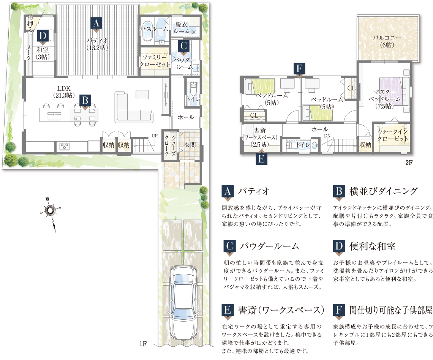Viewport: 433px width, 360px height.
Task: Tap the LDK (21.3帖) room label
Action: pyautogui.click(x=64, y=92)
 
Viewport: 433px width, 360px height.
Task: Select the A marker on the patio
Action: pyautogui.click(x=96, y=24)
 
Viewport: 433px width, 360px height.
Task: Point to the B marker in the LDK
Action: pyautogui.click(x=85, y=101)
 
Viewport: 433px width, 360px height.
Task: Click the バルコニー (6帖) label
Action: pyautogui.click(x=387, y=41)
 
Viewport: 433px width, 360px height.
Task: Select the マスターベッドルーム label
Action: pyautogui.click(x=384, y=99)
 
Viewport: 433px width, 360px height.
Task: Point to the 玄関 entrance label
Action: pyautogui.click(x=190, y=145)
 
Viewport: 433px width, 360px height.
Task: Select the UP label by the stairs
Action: pyautogui.click(x=154, y=136)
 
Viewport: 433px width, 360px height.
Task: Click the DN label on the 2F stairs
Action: pyautogui.click(x=327, y=136)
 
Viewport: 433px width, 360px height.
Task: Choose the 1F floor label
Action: pyautogui.click(x=143, y=344)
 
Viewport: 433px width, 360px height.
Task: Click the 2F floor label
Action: pyautogui.click(x=409, y=163)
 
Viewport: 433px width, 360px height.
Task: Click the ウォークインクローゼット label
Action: pyautogui.click(x=392, y=135)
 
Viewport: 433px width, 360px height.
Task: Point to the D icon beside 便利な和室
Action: pyautogui.click(x=339, y=247)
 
